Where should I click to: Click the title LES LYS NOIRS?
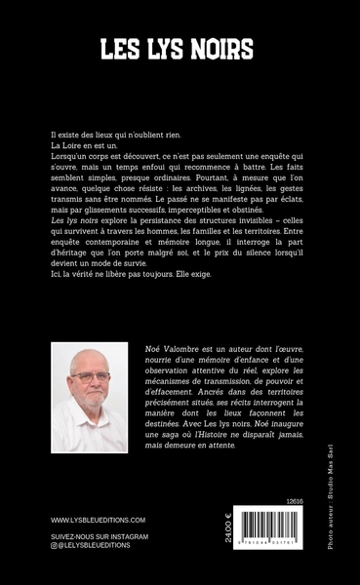click(180, 49)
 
